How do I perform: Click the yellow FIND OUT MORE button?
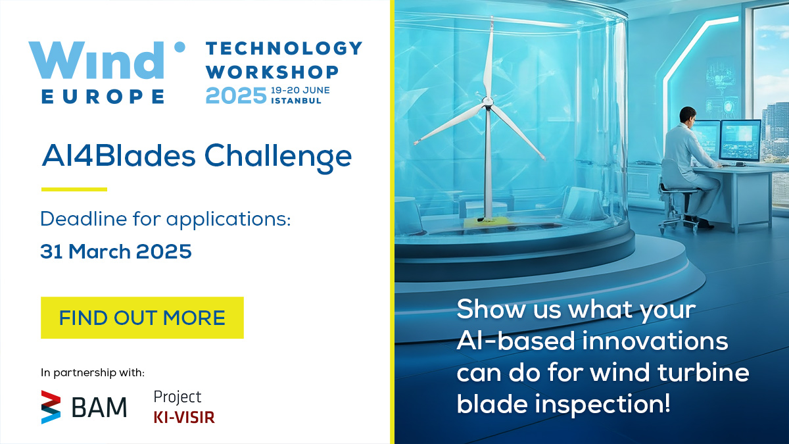click(x=142, y=318)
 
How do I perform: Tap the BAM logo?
click(x=84, y=407)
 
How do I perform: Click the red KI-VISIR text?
click(x=184, y=417)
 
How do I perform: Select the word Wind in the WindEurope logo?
click(x=96, y=61)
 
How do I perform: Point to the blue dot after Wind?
click(x=179, y=47)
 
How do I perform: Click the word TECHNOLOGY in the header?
click(x=284, y=48)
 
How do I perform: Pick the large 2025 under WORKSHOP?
click(x=236, y=95)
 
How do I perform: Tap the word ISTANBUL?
click(x=297, y=101)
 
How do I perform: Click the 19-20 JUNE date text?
click(x=300, y=90)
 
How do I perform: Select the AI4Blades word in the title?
click(x=118, y=155)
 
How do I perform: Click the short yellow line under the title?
click(x=74, y=189)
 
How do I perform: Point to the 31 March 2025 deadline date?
click(x=116, y=251)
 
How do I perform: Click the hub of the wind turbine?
click(x=487, y=102)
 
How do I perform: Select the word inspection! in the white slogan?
click(x=602, y=404)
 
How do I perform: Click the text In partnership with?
click(x=93, y=372)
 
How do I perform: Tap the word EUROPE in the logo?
click(x=103, y=96)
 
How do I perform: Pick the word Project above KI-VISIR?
click(x=177, y=397)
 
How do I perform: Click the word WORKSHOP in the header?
click(x=272, y=72)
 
